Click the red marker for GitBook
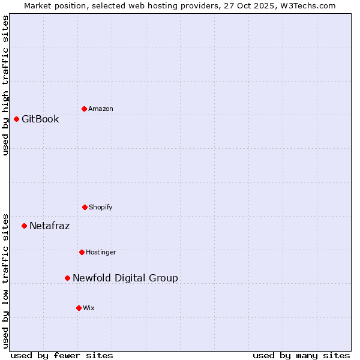(x=16, y=119)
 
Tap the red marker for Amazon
(x=84, y=109)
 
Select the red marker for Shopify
(x=85, y=207)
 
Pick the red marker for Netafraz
(x=24, y=226)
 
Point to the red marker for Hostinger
(x=82, y=252)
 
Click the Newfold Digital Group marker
(x=67, y=278)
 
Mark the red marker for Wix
(x=79, y=308)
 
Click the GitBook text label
(x=40, y=119)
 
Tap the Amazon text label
(x=101, y=109)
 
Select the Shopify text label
(x=101, y=207)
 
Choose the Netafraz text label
(x=49, y=226)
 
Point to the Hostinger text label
(x=101, y=252)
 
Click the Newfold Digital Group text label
(x=125, y=278)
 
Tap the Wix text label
(x=89, y=308)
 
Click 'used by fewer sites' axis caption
(x=62, y=355)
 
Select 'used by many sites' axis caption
(x=301, y=355)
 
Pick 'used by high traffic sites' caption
(x=6, y=85)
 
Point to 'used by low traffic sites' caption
(x=6, y=280)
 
